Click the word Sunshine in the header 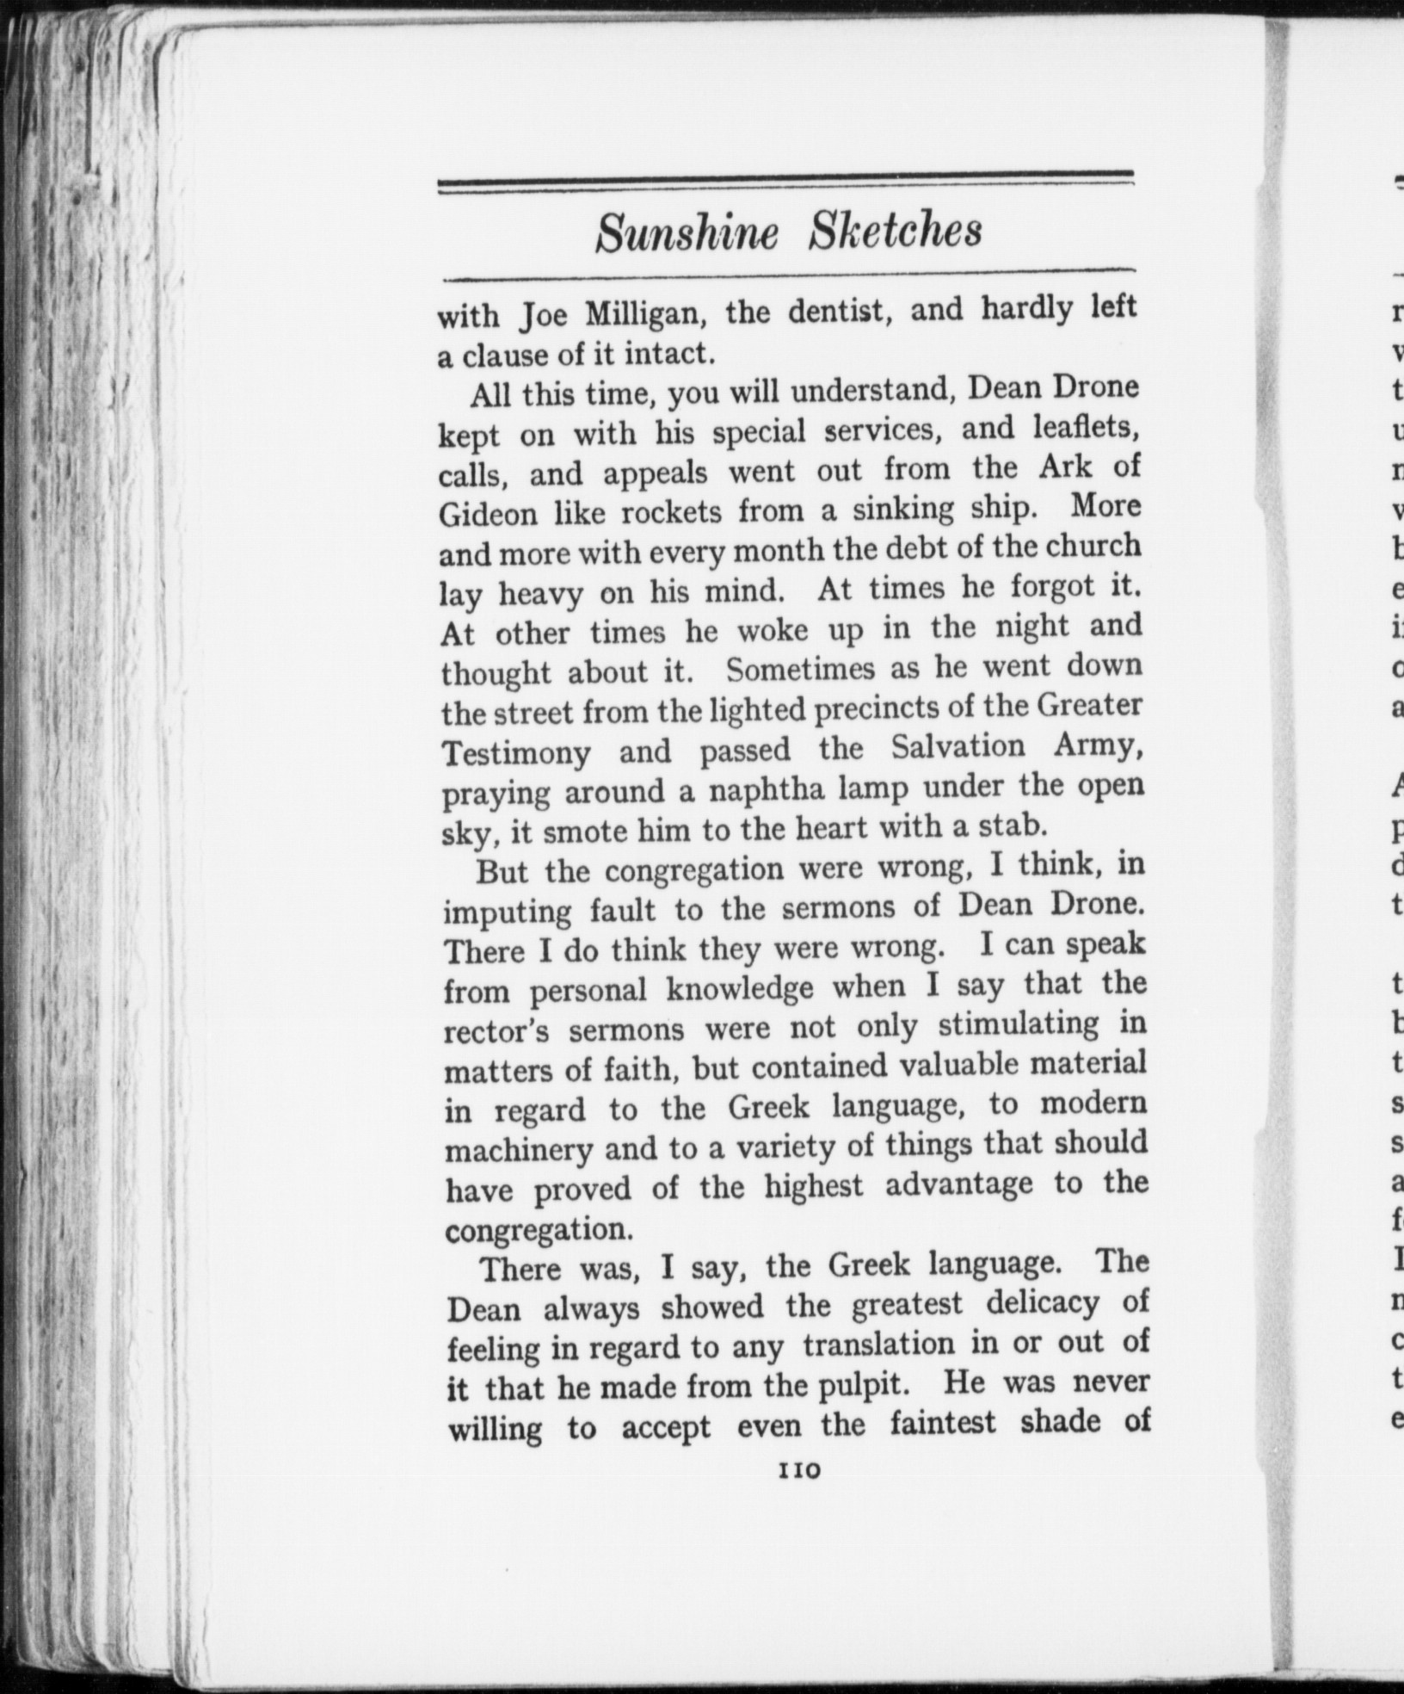pos(687,232)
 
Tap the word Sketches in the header pos(895,230)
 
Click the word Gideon pos(489,515)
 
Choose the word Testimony pos(516,753)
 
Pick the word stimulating pos(1018,1025)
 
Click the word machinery pos(519,1151)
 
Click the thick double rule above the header pos(785,181)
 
